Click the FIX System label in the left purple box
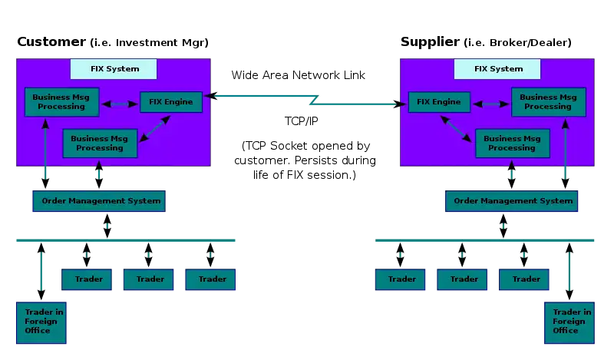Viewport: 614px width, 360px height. point(114,69)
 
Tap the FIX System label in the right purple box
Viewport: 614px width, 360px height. point(498,69)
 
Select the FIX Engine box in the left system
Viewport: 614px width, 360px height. point(170,102)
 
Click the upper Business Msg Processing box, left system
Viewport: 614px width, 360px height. point(61,102)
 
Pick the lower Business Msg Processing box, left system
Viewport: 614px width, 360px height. point(100,143)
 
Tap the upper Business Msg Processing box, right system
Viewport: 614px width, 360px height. point(548,102)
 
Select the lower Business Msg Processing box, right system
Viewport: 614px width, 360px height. point(512,143)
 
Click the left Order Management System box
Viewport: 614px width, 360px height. point(98,201)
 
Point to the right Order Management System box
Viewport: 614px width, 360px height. point(512,201)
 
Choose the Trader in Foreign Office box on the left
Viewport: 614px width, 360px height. point(41,322)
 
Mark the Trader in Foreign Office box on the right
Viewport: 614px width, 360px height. point(569,322)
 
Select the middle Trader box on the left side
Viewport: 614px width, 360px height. point(149,279)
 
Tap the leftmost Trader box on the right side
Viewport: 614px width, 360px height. point(401,279)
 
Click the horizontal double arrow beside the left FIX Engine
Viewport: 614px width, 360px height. point(119,103)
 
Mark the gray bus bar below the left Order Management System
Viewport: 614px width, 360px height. point(126,240)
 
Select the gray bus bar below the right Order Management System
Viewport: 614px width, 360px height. point(485,240)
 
